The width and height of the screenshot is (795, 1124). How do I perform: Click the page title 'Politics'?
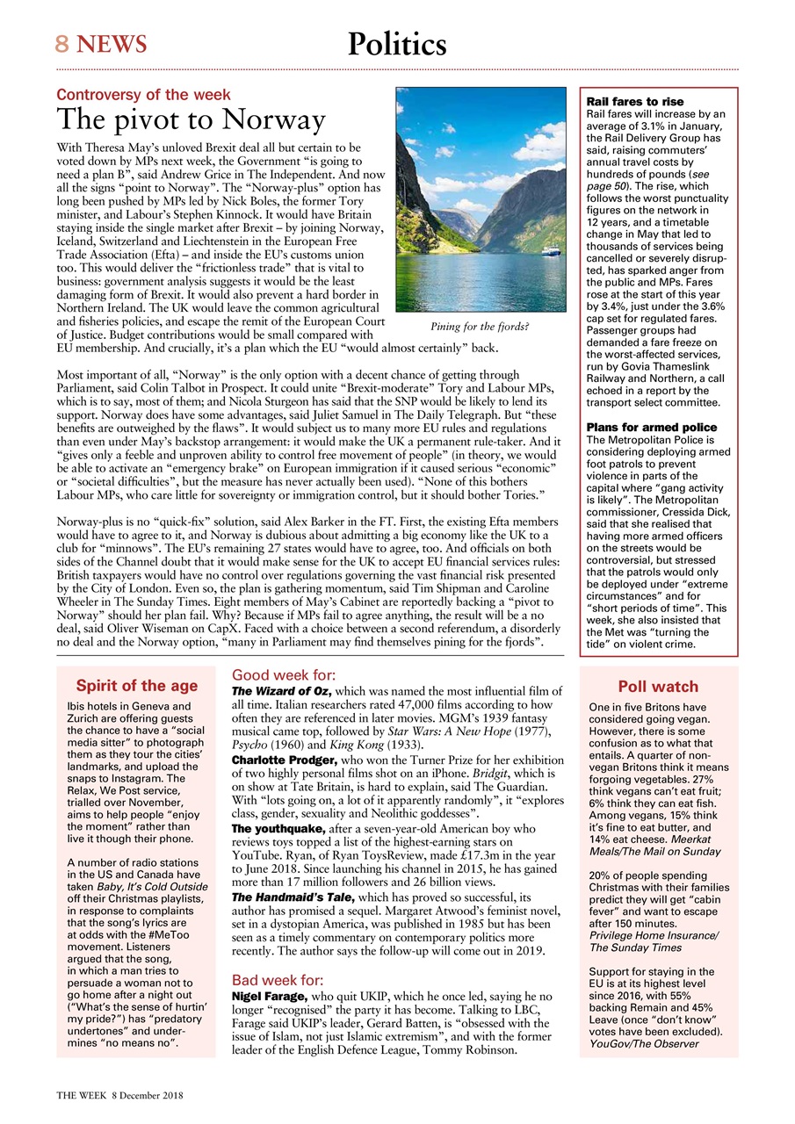coord(396,44)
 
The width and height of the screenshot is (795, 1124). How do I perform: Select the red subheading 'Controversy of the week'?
coord(143,95)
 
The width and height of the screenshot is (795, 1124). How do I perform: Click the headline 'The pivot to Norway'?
coord(191,119)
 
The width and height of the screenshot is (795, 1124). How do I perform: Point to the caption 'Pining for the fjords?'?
coord(480,327)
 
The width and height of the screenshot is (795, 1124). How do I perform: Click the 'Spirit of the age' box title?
coord(136,686)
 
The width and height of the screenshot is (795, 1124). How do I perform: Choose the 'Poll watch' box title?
coord(658,687)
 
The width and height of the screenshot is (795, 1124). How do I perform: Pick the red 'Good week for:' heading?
coord(283,675)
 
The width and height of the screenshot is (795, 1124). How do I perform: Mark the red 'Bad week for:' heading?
coord(278,980)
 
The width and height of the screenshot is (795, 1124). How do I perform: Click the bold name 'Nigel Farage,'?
coord(270,998)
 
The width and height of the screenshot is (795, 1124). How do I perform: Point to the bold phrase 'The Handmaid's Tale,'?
coord(293,897)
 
